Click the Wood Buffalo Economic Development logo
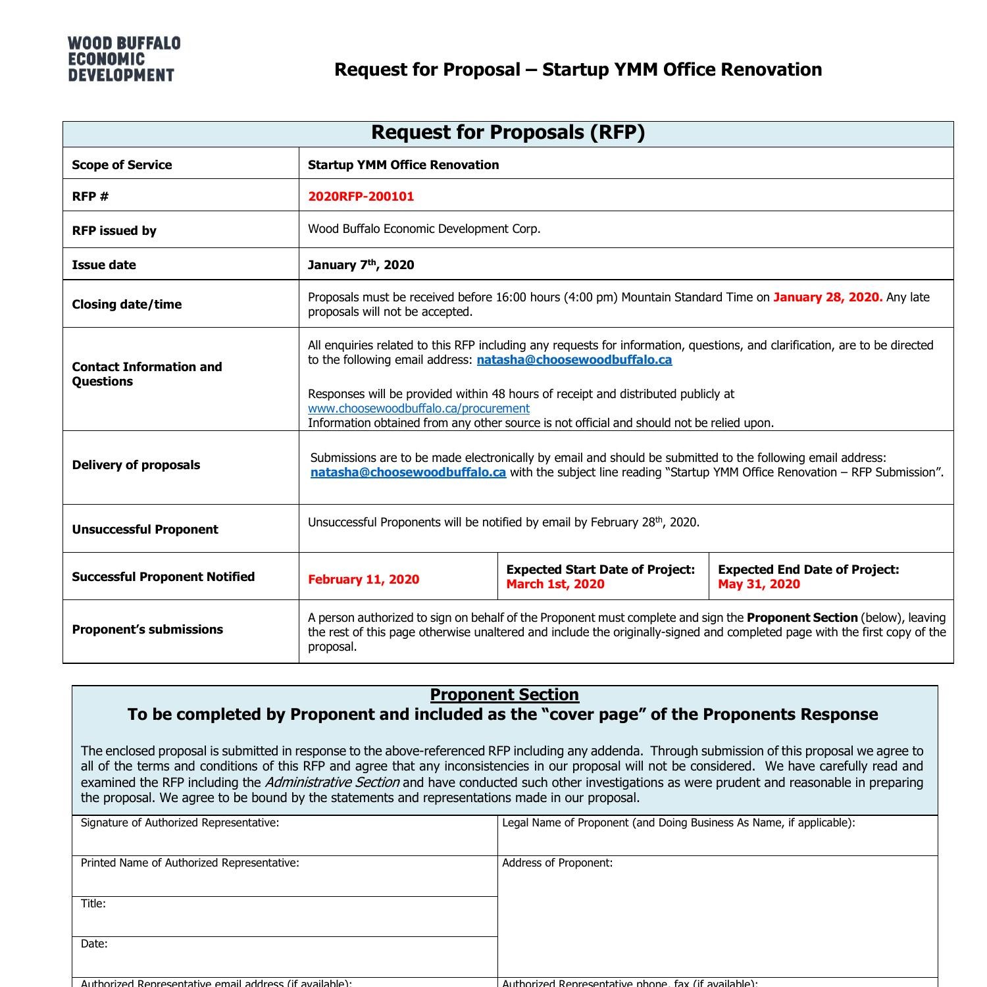click(124, 59)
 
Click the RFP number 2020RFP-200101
click(361, 196)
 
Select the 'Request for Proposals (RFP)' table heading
click(507, 133)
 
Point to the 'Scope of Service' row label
click(122, 165)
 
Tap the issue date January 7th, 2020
click(361, 265)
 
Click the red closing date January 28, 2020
click(827, 297)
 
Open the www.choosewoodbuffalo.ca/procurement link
click(418, 409)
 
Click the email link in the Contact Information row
click(574, 360)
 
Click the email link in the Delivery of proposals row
click(408, 472)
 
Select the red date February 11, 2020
click(363, 580)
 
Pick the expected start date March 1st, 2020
click(555, 584)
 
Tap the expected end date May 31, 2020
click(759, 584)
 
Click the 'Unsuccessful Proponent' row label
click(145, 530)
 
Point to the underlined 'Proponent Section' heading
click(504, 695)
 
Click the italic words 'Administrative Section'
click(332, 782)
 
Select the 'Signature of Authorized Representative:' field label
click(180, 822)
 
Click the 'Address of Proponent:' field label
click(557, 863)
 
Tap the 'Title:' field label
click(93, 904)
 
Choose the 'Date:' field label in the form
click(94, 944)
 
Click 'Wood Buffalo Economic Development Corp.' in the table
click(424, 229)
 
